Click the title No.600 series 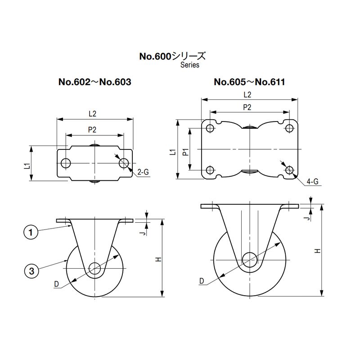172,57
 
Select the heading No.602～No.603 95,82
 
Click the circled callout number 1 31,233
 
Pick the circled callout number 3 31,270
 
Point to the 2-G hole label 143,171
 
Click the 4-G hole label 312,182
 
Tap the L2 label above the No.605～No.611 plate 247,94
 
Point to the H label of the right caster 318,251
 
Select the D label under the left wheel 56,284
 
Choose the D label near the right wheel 202,281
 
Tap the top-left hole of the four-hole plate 210,128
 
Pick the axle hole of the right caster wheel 249,260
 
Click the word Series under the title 189,65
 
